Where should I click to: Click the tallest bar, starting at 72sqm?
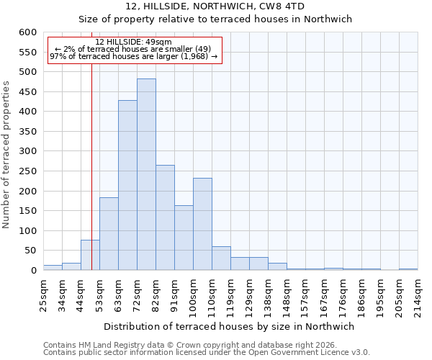[x=146, y=175]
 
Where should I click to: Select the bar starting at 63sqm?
[x=127, y=186]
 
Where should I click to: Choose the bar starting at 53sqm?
[x=109, y=234]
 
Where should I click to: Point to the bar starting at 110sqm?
[x=221, y=258]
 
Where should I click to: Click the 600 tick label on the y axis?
[x=27, y=32]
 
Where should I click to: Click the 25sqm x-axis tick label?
[x=43, y=292]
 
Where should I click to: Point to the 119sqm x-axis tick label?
[x=230, y=294]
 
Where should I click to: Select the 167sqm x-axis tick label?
[x=324, y=294]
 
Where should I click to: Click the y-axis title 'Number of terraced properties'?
[x=7, y=155]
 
